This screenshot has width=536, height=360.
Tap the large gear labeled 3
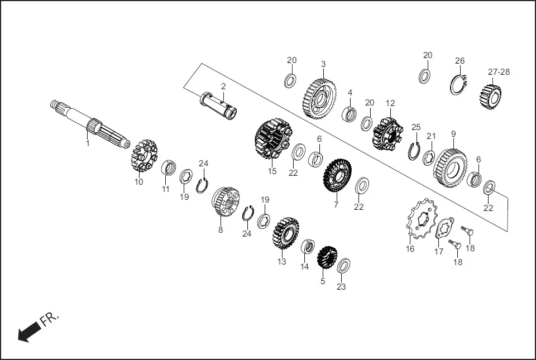coord(320,98)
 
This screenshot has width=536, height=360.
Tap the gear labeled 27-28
coord(489,96)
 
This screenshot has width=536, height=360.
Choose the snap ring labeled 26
coord(458,84)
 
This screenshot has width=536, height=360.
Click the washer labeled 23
coord(344,266)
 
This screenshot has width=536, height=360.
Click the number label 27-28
coord(499,72)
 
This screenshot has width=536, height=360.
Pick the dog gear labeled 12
coord(388,132)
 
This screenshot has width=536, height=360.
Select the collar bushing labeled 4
coord(350,114)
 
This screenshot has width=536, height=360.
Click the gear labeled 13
coord(285,233)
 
